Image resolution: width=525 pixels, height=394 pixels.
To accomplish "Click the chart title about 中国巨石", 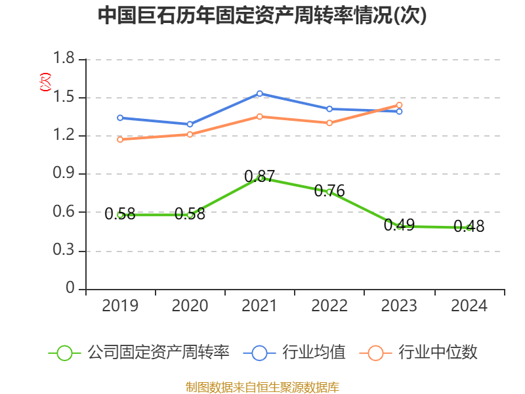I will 262,16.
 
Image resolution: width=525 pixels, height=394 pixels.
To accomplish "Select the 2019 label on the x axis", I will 120,306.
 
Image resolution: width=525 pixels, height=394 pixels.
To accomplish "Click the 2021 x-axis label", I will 260,306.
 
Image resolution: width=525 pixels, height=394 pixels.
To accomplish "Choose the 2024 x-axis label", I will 469,306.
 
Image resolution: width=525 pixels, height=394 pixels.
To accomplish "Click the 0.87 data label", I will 260,176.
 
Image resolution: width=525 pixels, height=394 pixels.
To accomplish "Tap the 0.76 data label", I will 329,191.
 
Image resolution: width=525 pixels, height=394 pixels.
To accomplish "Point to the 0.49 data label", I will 399,225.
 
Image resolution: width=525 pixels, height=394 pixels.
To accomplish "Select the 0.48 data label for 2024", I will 469,227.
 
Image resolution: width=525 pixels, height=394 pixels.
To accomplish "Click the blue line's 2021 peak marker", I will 260,93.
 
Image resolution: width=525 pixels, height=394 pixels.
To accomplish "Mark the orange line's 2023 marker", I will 399,105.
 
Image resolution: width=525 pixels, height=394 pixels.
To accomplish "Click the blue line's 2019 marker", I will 120,118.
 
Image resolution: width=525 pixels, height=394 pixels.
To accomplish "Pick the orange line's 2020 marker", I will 190,135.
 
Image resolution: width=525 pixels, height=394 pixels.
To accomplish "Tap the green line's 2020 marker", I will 190,215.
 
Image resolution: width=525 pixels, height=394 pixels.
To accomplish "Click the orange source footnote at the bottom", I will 262,387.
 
